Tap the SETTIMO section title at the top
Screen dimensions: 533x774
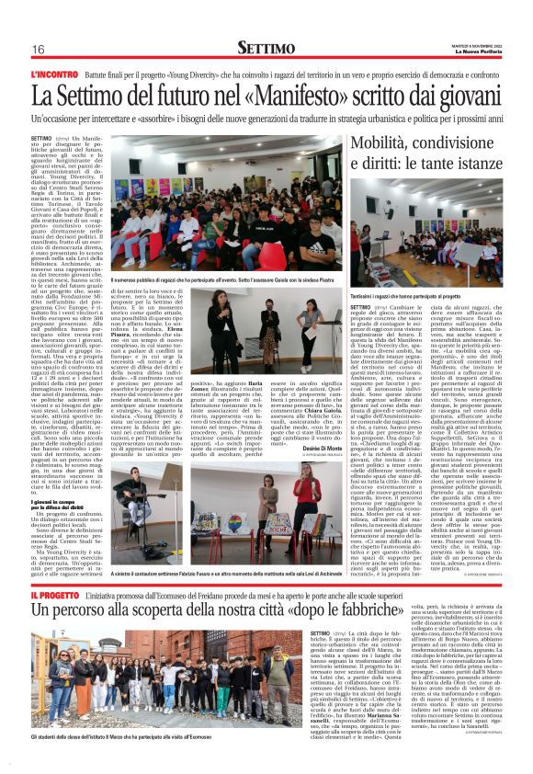(x=266, y=47)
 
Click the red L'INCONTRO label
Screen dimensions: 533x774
(x=53, y=72)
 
